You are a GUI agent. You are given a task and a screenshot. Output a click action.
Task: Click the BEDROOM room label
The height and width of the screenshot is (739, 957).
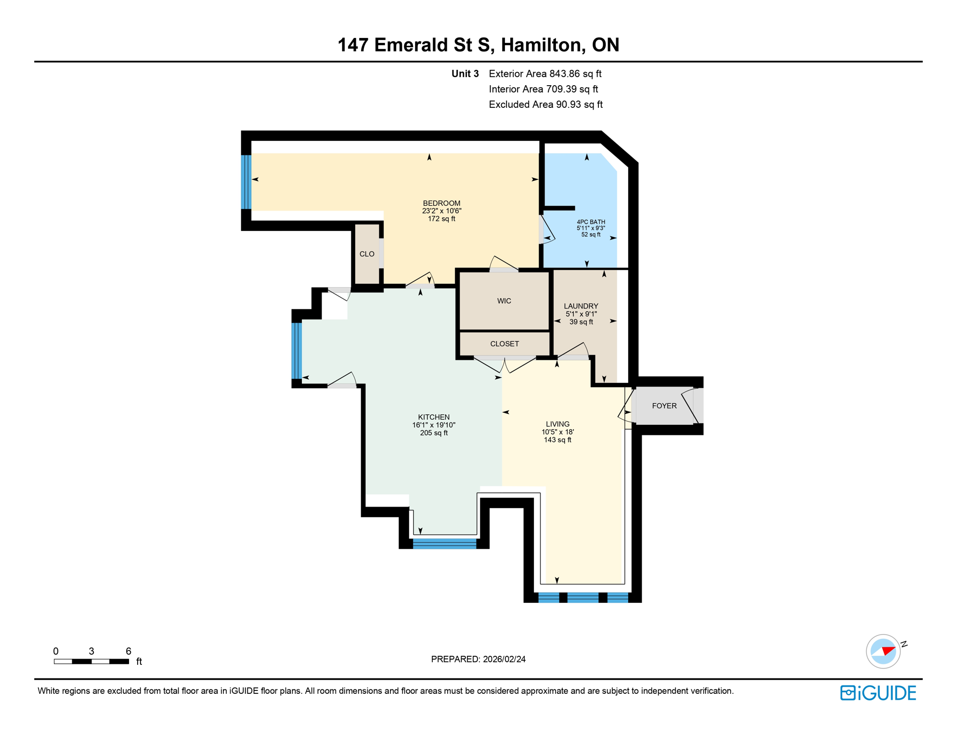click(441, 203)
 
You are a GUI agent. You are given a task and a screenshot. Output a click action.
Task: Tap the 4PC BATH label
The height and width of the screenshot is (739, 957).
click(591, 222)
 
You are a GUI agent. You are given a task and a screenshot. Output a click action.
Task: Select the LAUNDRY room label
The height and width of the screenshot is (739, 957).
click(581, 306)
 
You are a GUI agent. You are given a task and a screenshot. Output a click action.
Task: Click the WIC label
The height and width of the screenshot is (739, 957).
click(504, 301)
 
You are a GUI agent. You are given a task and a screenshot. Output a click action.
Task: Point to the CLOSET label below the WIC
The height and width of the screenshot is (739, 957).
click(504, 344)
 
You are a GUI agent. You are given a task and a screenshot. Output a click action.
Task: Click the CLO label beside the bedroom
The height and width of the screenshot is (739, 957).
click(367, 254)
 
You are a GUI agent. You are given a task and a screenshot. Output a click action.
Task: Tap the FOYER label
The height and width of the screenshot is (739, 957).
click(664, 406)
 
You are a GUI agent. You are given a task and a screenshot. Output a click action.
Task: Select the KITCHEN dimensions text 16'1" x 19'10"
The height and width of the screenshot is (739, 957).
click(434, 425)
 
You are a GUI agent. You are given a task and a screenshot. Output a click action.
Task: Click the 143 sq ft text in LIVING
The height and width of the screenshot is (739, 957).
click(557, 440)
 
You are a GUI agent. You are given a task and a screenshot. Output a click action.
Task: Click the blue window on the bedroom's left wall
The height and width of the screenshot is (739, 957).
click(246, 181)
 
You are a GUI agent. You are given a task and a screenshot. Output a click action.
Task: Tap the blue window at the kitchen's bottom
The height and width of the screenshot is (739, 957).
click(444, 544)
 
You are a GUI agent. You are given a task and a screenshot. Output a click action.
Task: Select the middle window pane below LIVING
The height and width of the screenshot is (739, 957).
click(582, 598)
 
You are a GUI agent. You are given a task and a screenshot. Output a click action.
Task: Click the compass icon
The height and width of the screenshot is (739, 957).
click(883, 651)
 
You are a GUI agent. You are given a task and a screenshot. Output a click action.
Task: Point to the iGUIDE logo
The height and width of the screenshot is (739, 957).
click(878, 693)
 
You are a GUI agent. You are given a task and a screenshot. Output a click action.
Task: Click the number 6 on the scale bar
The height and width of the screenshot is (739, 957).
click(128, 651)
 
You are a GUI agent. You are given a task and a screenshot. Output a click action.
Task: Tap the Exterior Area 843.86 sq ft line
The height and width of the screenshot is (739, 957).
click(545, 74)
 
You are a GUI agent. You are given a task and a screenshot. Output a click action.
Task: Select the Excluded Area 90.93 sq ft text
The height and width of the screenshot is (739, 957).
click(545, 104)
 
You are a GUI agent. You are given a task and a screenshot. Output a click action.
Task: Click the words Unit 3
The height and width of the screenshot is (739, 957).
click(465, 74)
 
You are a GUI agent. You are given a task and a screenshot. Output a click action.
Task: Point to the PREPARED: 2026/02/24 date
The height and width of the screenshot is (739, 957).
click(478, 659)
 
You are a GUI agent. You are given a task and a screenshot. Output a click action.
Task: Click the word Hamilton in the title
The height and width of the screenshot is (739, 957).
click(543, 45)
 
